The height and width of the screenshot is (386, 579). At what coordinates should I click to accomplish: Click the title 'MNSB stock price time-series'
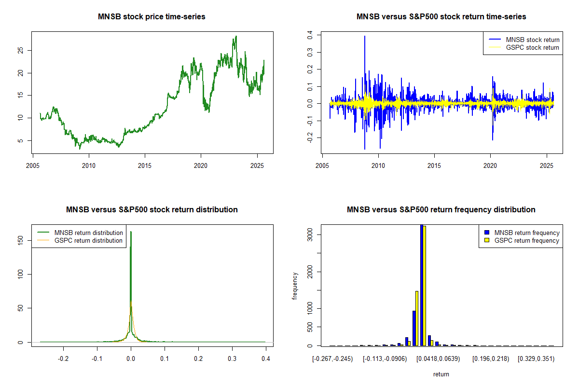tap(152, 17)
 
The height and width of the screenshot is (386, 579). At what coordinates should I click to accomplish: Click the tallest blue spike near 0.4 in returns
tap(365, 37)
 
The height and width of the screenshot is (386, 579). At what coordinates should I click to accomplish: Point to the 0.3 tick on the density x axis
tap(232, 359)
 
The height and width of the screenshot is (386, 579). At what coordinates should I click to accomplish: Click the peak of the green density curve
tap(131, 232)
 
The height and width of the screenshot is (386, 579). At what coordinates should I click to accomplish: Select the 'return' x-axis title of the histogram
tap(441, 374)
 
